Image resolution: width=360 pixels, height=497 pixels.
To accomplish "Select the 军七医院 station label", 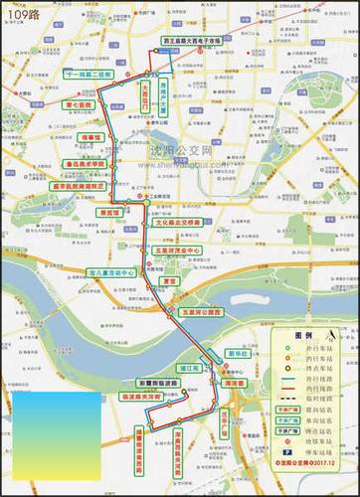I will coord(79,103).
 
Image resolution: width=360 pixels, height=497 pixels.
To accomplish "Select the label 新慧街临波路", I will coord(155,383).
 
